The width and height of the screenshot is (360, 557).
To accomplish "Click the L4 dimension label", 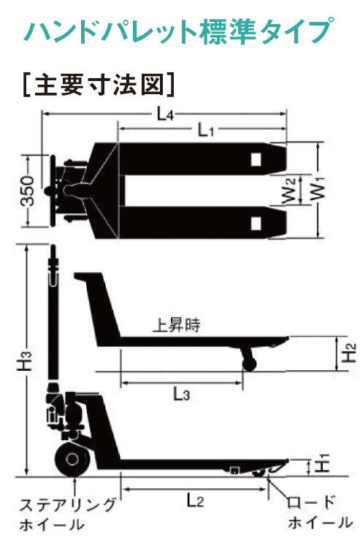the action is (x=165, y=115).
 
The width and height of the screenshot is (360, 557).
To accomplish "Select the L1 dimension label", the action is (x=206, y=131).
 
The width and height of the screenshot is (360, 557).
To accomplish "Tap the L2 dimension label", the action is (x=195, y=501).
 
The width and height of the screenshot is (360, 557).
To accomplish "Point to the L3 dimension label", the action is (x=181, y=393).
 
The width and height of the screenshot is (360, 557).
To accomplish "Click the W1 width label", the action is (x=319, y=190).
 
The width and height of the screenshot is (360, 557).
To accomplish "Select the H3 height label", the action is (x=26, y=361).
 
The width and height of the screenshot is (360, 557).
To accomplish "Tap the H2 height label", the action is (x=349, y=353).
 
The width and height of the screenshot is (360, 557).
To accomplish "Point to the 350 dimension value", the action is (x=28, y=191).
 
